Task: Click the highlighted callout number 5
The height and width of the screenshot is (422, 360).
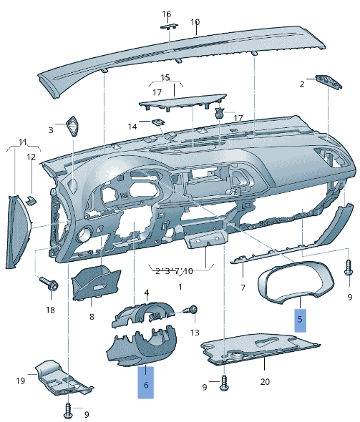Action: (301, 319)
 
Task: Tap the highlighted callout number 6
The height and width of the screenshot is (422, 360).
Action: (146, 384)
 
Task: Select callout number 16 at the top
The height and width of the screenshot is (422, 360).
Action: (167, 14)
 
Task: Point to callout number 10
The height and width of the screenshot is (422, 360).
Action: (195, 22)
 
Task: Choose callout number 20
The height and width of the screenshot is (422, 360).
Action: (265, 381)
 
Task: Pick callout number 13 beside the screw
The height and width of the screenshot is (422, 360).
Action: (195, 333)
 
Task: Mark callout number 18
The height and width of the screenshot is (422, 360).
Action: (50, 310)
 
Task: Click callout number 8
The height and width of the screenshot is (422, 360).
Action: (92, 316)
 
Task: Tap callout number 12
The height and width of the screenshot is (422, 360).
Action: (31, 157)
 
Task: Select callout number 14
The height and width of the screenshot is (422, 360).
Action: (132, 127)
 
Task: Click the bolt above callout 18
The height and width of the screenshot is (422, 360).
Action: (50, 285)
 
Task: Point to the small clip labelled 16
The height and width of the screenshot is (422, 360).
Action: (169, 25)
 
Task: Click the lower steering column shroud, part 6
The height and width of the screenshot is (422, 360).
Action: (143, 348)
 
